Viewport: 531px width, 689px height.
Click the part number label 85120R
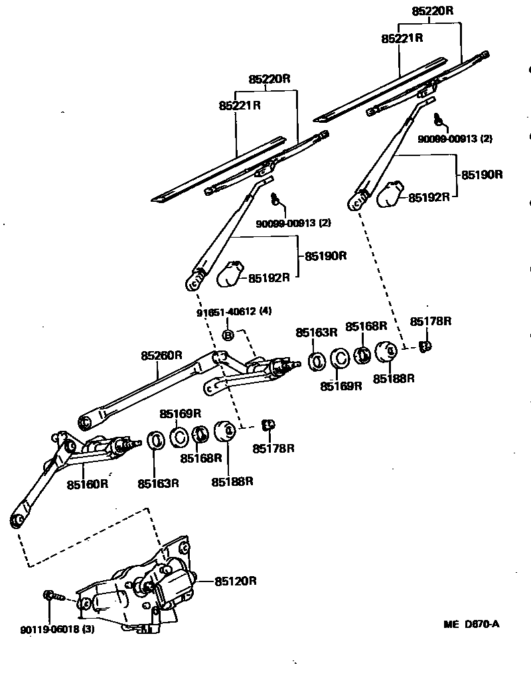pos(235,581)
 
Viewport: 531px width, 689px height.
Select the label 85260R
pos(161,356)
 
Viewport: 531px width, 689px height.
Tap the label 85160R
pos(87,484)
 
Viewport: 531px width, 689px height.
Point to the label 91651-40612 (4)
pos(234,311)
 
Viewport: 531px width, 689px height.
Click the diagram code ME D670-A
pos(471,624)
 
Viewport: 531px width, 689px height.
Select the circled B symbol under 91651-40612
pos(228,335)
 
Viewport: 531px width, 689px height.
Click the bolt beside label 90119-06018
pos(52,595)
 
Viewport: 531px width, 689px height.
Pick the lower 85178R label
pos(272,449)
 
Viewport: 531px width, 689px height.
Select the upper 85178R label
pos(430,321)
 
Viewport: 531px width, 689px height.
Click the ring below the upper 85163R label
pos(317,360)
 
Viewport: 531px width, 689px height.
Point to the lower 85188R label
pos(232,481)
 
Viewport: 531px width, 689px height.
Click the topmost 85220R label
pos(432,11)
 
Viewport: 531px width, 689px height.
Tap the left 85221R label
pos(240,106)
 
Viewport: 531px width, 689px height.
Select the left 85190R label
pos(327,256)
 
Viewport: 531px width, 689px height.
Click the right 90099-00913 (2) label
pos(455,139)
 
